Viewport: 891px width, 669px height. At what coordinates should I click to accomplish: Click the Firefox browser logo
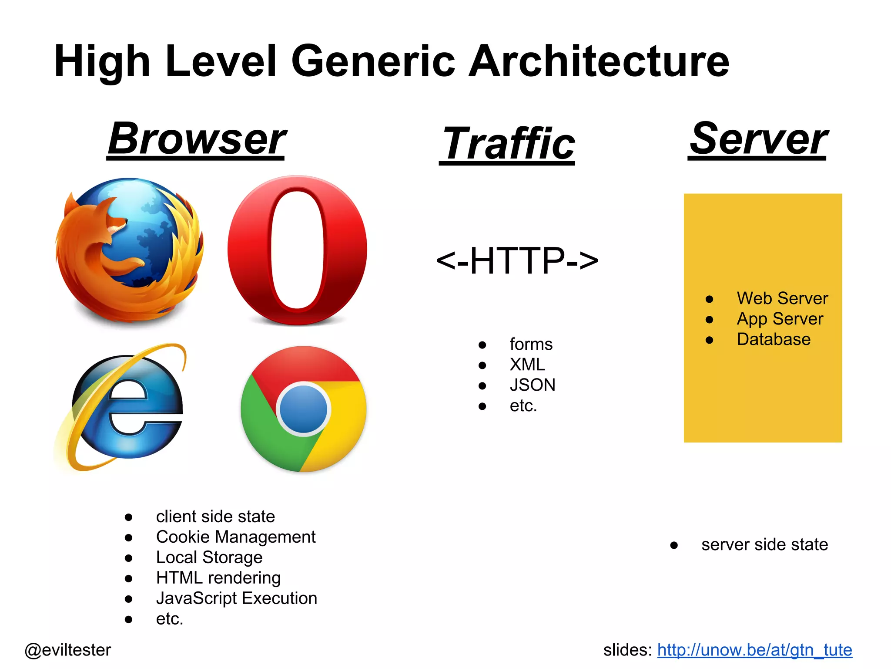[x=129, y=250]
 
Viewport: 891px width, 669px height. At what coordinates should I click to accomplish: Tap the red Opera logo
[x=298, y=250]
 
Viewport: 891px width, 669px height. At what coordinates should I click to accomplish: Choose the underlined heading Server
[x=758, y=139]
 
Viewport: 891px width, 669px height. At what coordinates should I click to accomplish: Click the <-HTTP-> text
[x=517, y=260]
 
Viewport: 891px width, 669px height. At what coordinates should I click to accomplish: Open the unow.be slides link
[x=754, y=650]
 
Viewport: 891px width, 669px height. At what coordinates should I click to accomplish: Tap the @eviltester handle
[x=68, y=650]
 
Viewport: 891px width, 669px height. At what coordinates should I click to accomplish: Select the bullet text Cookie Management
[x=236, y=537]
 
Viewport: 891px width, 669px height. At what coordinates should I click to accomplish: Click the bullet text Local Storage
[x=209, y=557]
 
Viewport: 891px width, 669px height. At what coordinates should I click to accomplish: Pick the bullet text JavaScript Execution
[x=237, y=598]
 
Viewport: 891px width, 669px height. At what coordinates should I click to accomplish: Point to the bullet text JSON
[x=533, y=385]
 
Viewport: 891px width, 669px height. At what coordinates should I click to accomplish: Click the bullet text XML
[x=527, y=365]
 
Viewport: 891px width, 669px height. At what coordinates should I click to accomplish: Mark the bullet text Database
[x=774, y=339]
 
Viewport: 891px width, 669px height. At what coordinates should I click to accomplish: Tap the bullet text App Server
[x=780, y=319]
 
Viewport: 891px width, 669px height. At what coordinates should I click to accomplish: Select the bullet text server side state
[x=764, y=544]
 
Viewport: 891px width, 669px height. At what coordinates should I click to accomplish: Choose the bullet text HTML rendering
[x=218, y=578]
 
